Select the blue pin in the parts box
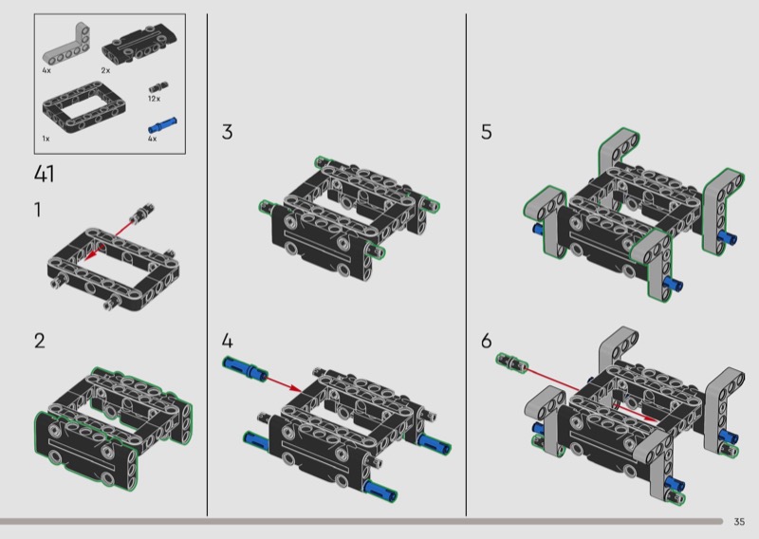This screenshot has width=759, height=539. click(x=162, y=125)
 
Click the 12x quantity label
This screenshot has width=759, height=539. click(x=154, y=99)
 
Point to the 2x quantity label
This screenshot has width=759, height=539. click(x=105, y=71)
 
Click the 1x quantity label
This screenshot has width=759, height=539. click(x=46, y=139)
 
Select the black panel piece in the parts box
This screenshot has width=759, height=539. click(x=139, y=45)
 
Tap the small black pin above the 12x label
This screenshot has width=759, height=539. click(x=158, y=87)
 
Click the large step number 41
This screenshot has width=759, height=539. click(x=44, y=174)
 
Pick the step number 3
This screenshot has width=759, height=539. click(x=227, y=132)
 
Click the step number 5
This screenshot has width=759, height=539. click(x=487, y=132)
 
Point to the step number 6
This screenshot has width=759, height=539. click(x=487, y=341)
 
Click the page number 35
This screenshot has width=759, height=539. click(x=739, y=522)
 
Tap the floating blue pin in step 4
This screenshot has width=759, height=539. click(x=245, y=368)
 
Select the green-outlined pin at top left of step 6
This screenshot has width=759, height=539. click(x=511, y=362)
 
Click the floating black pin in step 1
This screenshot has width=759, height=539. click(x=143, y=212)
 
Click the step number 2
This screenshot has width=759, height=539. click(x=40, y=341)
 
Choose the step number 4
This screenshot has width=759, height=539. click(x=227, y=341)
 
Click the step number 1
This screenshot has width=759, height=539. click(x=38, y=210)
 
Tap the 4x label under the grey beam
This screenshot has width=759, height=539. click(x=46, y=71)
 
